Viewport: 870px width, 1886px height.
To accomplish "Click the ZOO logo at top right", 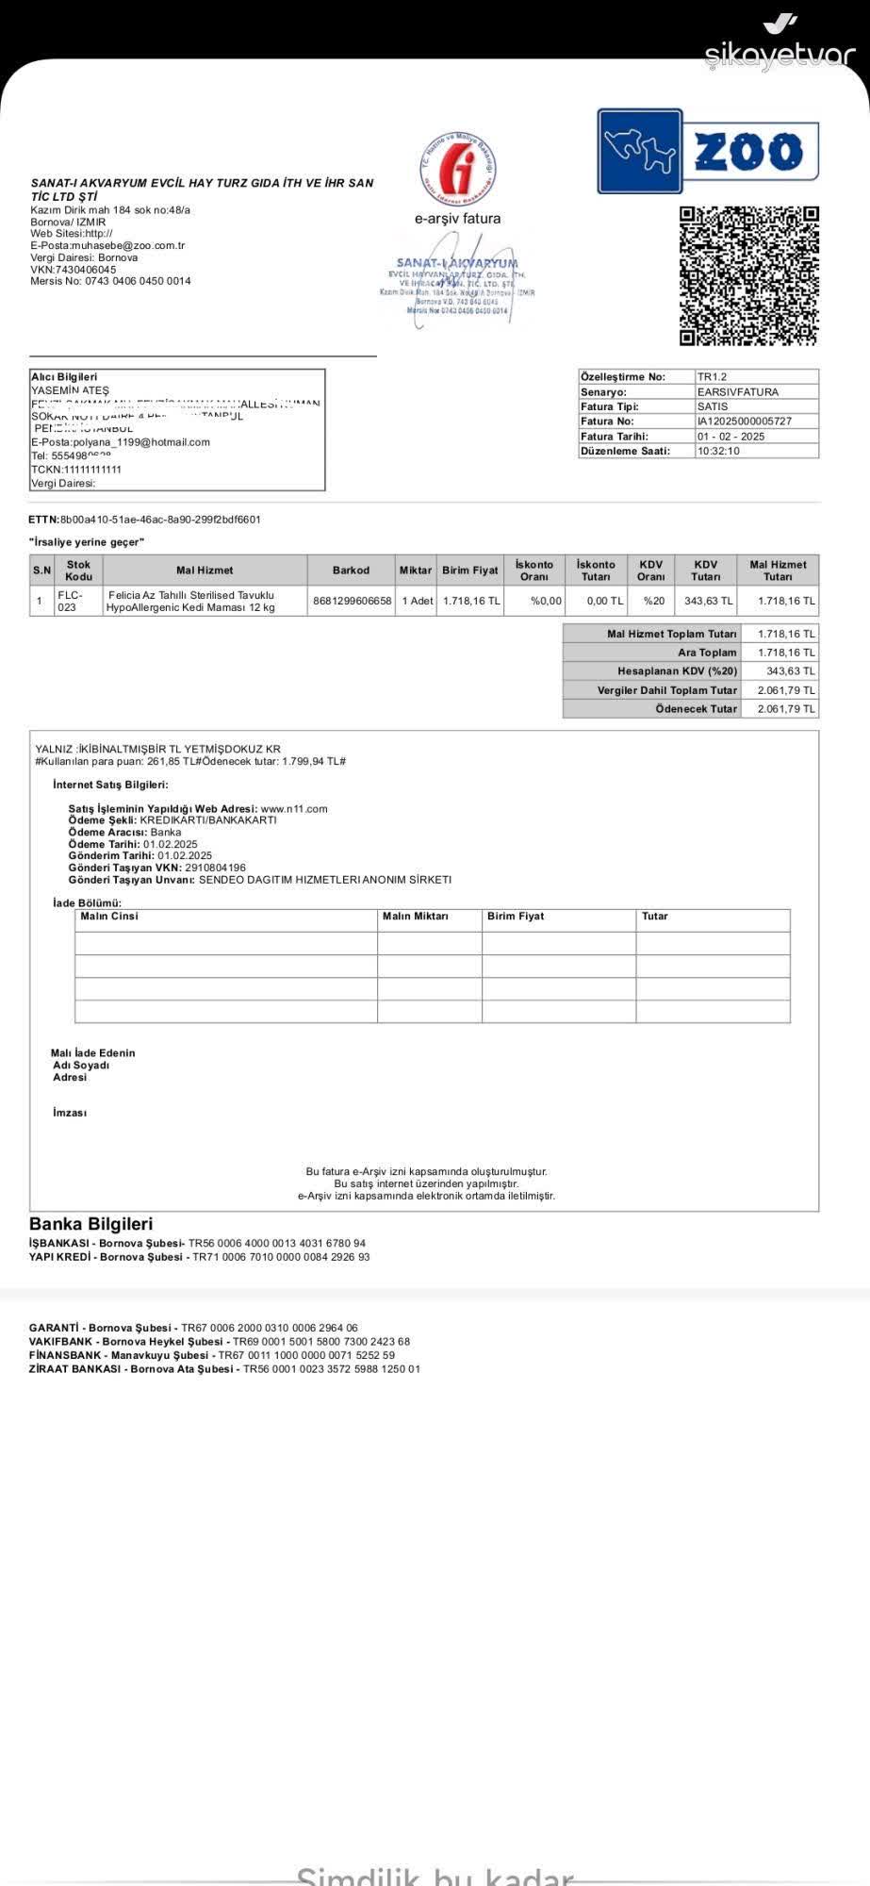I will [x=708, y=151].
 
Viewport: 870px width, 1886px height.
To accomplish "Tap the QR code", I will [x=749, y=275].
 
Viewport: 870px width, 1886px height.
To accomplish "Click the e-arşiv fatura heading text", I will [x=458, y=219].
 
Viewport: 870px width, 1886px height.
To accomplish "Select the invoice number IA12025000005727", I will [x=745, y=422].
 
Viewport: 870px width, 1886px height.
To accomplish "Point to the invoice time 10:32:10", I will [x=718, y=452].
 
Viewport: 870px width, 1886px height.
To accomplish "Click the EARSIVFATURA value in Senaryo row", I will [x=738, y=391].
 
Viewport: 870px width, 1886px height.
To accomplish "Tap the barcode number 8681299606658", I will [x=352, y=601].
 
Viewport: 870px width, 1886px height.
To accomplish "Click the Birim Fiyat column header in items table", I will [x=470, y=571].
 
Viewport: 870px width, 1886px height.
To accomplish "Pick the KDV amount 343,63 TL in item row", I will [x=708, y=601].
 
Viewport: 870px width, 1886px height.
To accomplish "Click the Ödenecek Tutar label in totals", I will [x=697, y=709].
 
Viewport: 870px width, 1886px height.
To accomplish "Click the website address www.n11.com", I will [x=294, y=809].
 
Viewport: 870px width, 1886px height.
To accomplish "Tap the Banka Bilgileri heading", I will [x=90, y=1224].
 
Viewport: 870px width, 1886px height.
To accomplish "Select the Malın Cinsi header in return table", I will [x=109, y=917].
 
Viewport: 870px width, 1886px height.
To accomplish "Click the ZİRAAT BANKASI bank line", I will [x=224, y=1369].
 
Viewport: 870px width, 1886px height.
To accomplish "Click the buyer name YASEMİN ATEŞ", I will [x=71, y=390].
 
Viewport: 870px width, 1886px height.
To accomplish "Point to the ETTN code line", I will [x=145, y=520].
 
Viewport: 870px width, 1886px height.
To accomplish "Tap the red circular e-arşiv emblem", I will [x=458, y=168].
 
